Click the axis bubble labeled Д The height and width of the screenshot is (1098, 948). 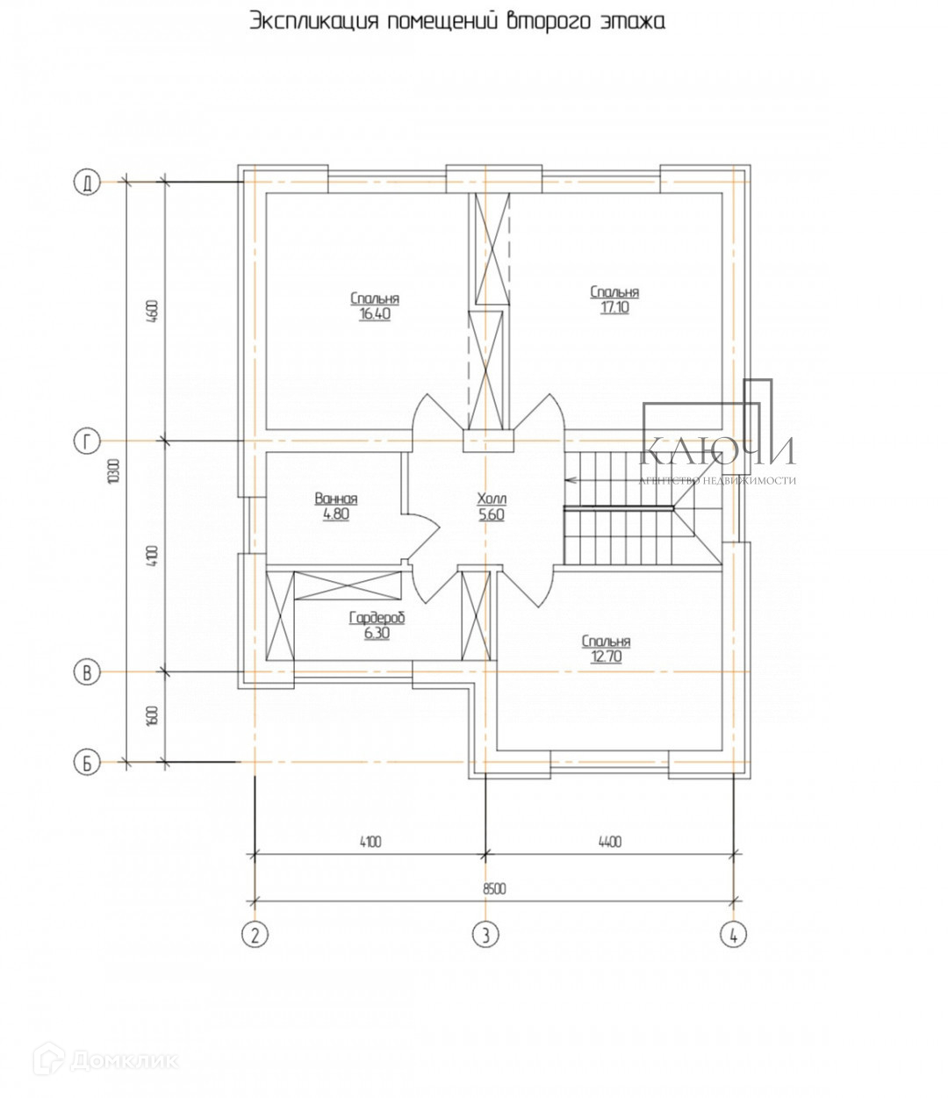coord(87,183)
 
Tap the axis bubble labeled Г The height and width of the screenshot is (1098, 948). coord(87,441)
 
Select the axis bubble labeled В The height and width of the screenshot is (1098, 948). coord(87,672)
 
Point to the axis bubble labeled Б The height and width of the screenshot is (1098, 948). coord(87,763)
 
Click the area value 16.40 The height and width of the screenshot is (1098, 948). coord(375,314)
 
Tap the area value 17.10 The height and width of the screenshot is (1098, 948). coord(614,307)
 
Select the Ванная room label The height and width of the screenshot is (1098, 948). coord(336,499)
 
